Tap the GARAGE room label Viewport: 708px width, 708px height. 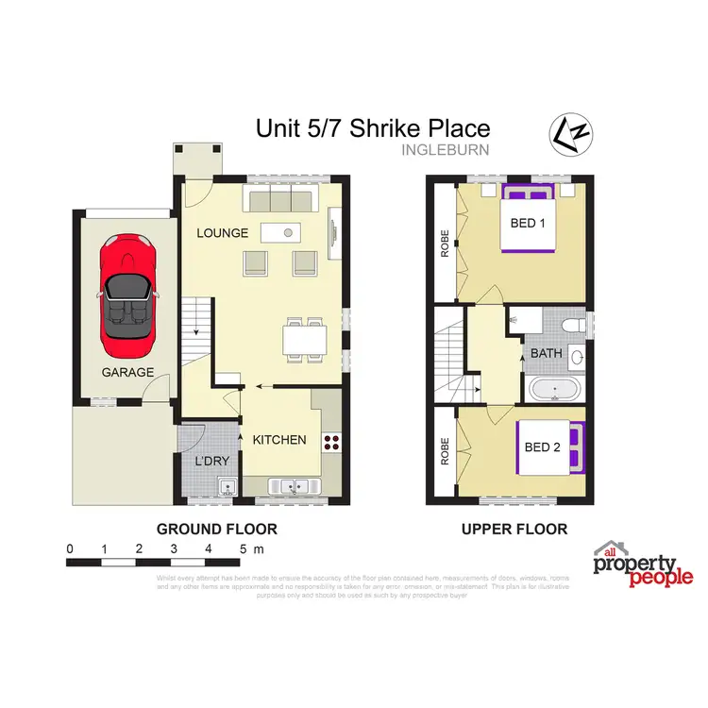pos(128,372)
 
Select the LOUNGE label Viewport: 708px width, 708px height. pos(222,233)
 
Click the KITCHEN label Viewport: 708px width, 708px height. pos(278,440)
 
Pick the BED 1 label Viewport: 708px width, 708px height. pos(529,224)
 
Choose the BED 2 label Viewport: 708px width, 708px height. pos(543,447)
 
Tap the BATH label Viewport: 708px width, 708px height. pos(546,354)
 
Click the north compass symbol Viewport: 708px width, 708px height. pos(565,131)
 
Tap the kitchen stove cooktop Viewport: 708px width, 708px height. pos(332,441)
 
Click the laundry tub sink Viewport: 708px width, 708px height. pos(225,487)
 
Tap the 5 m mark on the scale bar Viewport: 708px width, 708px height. pos(244,548)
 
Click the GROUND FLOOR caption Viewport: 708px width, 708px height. pos(217,529)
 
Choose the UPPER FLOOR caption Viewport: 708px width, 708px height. pos(514,529)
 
